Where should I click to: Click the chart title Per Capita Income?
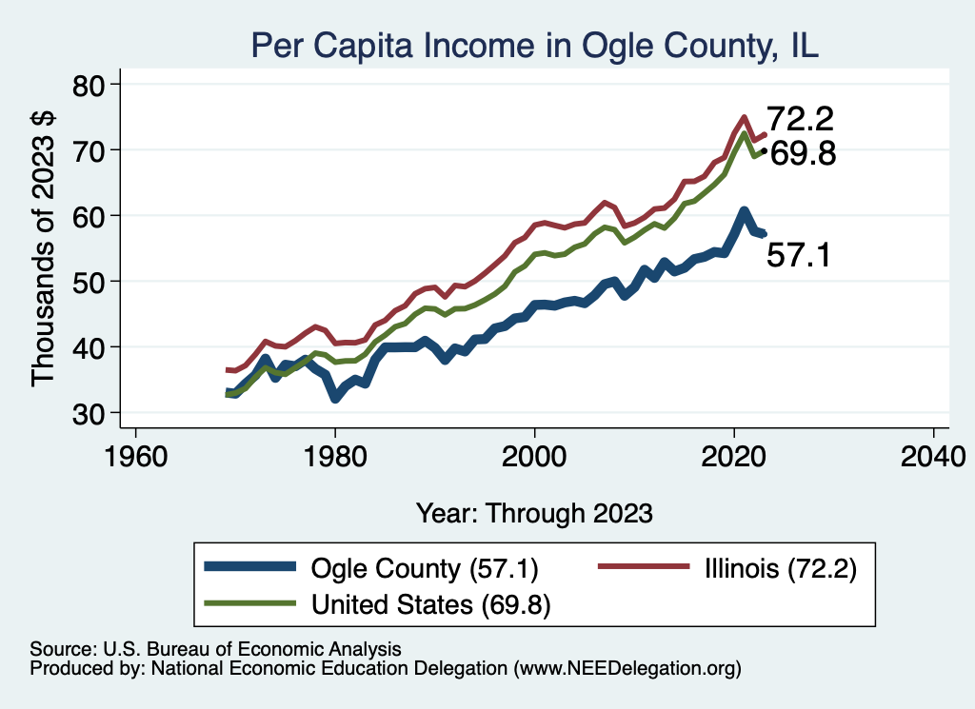click(x=534, y=45)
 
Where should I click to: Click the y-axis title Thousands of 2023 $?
click(x=44, y=248)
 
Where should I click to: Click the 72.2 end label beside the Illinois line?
click(x=801, y=120)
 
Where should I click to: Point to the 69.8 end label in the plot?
click(x=803, y=153)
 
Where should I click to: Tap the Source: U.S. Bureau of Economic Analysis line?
click(x=215, y=648)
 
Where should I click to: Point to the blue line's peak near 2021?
click(x=744, y=211)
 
